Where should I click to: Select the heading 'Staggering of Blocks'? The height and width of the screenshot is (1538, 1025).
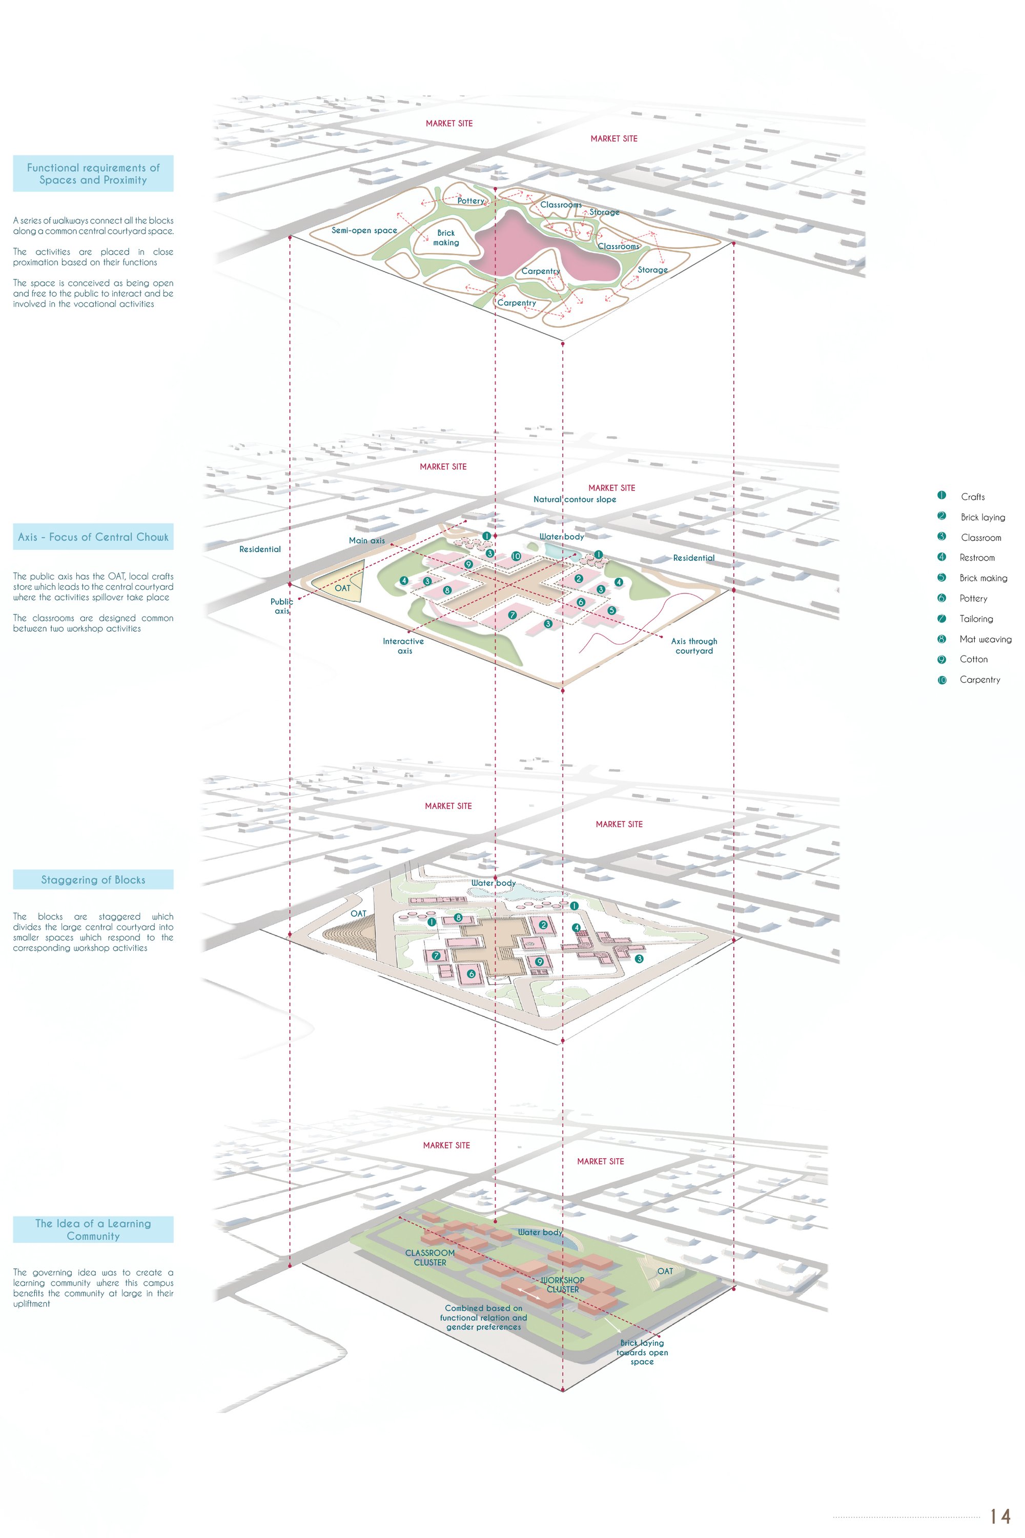click(x=93, y=880)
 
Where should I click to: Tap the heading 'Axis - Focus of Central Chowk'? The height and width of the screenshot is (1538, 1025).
click(x=93, y=537)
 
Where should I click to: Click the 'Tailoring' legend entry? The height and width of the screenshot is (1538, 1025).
click(x=976, y=619)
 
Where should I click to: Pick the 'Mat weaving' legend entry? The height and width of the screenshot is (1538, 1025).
click(x=985, y=639)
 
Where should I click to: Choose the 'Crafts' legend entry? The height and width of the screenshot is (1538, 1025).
click(x=973, y=497)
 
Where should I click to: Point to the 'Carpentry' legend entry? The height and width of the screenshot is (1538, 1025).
click(x=980, y=680)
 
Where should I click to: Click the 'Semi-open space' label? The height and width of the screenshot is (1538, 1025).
click(x=364, y=230)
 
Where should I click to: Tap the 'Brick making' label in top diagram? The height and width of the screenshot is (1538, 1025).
click(x=446, y=237)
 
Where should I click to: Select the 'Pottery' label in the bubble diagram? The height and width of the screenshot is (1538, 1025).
click(x=470, y=201)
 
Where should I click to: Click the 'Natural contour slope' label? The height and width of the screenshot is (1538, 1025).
click(x=575, y=499)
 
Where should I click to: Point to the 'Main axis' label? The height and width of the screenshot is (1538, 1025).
click(x=367, y=541)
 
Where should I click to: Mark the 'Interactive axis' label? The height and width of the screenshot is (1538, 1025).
click(x=403, y=646)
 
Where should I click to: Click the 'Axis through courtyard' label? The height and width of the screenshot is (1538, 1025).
click(x=694, y=646)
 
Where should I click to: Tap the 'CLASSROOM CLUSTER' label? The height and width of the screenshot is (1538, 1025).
click(x=429, y=1258)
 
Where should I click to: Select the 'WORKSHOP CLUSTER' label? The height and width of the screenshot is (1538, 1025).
click(x=562, y=1284)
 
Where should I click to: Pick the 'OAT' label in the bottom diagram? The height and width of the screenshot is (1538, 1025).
click(x=665, y=1272)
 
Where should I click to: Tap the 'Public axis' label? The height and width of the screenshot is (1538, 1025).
click(x=282, y=606)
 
